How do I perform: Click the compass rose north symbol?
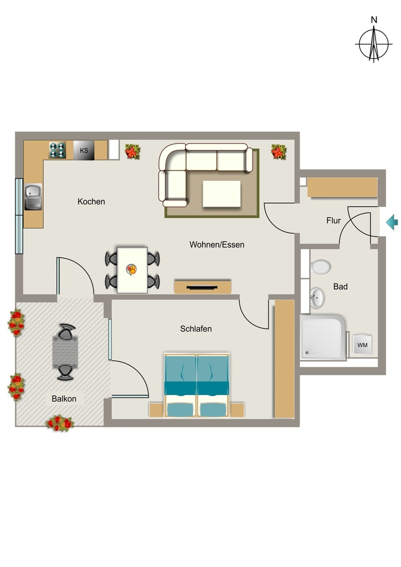(374, 40)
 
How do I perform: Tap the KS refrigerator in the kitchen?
(84, 150)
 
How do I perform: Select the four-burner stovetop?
(58, 150)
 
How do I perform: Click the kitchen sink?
(33, 197)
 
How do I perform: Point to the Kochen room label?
(91, 202)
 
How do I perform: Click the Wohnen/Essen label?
(217, 245)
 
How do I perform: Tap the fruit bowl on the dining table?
(132, 270)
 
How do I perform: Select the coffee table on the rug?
(222, 194)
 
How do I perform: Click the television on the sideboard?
(202, 287)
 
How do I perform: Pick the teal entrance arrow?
(392, 222)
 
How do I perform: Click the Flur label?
(333, 220)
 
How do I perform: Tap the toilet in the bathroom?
(320, 267)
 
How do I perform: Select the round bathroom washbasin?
(317, 297)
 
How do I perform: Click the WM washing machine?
(362, 344)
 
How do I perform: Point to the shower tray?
(323, 337)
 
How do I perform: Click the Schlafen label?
(196, 329)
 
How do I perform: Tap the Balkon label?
(64, 399)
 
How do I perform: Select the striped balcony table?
(65, 352)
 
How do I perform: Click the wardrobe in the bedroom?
(285, 358)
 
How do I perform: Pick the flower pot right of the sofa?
(279, 152)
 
